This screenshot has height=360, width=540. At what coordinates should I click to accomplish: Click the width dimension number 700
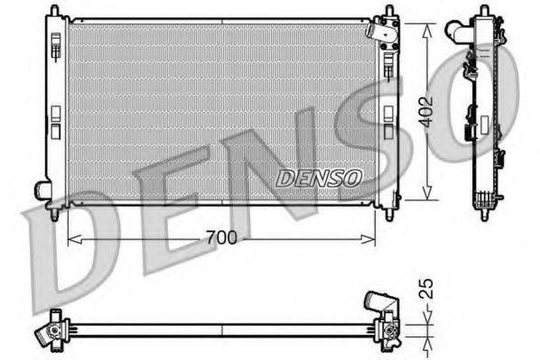(222, 238)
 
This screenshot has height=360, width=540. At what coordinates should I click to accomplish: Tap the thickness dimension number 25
(430, 290)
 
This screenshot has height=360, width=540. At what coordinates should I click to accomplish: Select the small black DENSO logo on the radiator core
(318, 178)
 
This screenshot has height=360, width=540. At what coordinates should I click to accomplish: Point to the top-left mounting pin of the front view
(54, 11)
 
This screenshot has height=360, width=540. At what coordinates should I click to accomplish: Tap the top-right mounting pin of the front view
(390, 11)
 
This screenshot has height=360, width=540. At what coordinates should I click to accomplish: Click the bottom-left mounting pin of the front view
(55, 214)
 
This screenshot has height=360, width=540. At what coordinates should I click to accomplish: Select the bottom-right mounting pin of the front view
(390, 214)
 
